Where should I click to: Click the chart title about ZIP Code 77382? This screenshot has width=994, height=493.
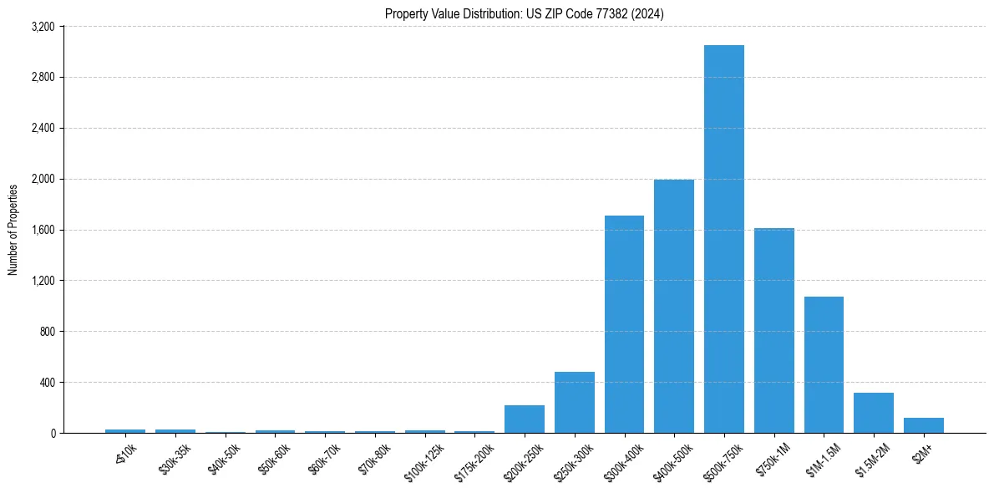tap(524, 13)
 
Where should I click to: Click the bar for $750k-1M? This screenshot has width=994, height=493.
tap(774, 330)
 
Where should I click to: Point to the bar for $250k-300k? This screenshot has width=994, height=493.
tap(575, 402)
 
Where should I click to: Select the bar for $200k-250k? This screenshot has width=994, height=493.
tap(525, 419)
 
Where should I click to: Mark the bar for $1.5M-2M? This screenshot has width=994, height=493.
tap(874, 413)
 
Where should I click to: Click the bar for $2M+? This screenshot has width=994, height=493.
tap(924, 425)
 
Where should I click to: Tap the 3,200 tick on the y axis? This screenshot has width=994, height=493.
tap(42, 27)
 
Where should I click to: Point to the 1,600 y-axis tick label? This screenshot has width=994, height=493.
tap(42, 230)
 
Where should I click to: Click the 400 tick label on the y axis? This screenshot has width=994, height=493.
tap(46, 383)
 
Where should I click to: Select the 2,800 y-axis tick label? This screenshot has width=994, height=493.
tap(42, 78)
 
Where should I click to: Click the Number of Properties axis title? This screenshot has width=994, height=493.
tap(13, 230)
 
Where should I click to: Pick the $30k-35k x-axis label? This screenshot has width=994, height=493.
tap(174, 459)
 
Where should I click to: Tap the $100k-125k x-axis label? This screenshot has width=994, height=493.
tap(423, 460)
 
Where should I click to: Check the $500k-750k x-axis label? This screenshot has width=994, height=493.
tap(723, 460)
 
